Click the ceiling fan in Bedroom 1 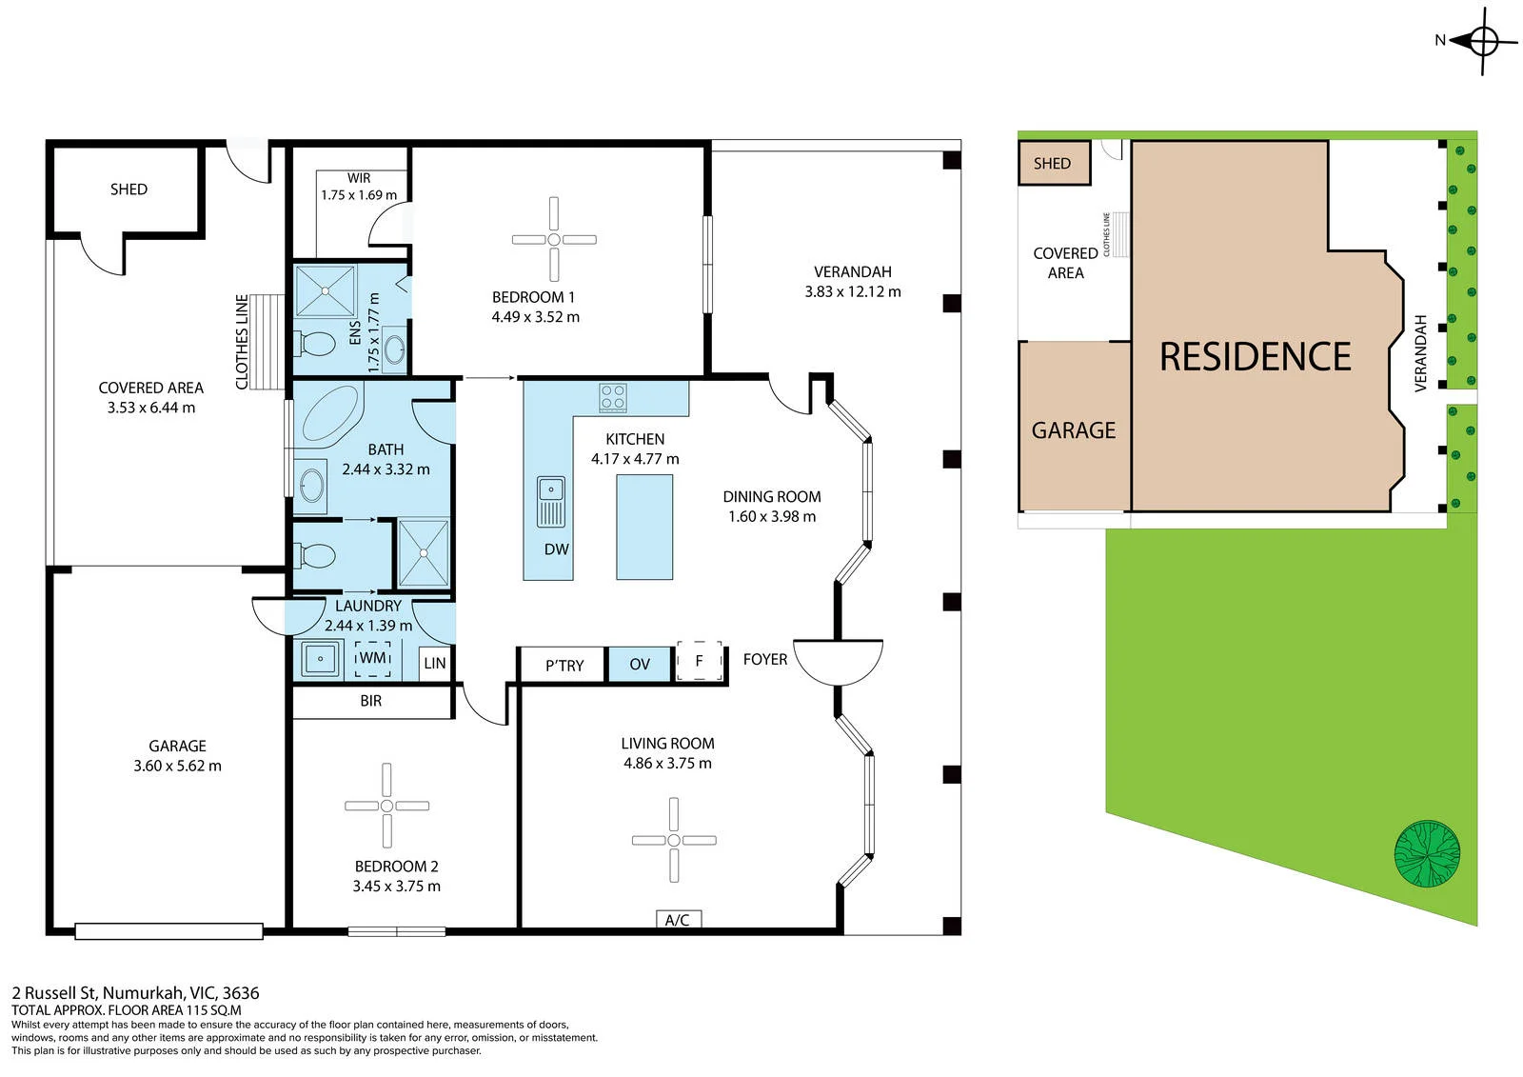click(x=554, y=239)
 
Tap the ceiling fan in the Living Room click(x=674, y=840)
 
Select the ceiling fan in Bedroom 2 click(x=386, y=806)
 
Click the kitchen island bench click(x=644, y=528)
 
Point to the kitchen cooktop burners click(x=613, y=397)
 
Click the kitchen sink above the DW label click(x=551, y=502)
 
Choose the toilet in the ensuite click(x=314, y=344)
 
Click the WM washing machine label click(x=372, y=659)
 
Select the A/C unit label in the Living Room click(x=677, y=920)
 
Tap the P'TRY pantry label click(x=564, y=666)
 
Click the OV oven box click(x=639, y=664)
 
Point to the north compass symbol click(x=1477, y=41)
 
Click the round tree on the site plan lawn click(x=1427, y=854)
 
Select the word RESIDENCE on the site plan click(x=1256, y=356)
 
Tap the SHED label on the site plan click(x=1052, y=163)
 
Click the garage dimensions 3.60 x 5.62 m click(x=177, y=766)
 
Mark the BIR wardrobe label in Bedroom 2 click(x=371, y=701)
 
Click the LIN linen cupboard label click(x=435, y=663)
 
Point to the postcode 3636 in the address click(x=241, y=992)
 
